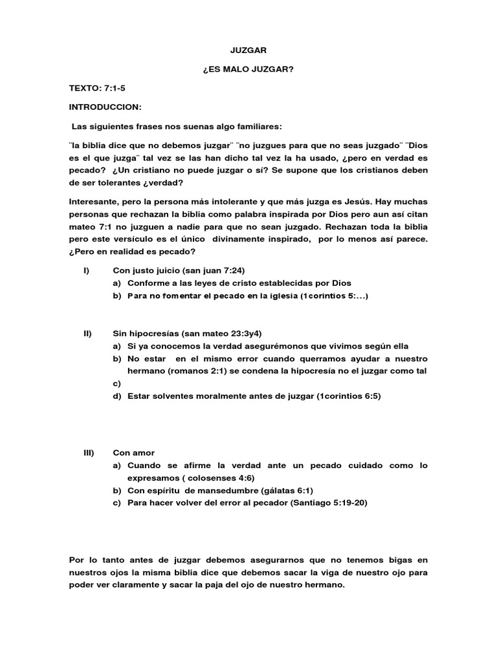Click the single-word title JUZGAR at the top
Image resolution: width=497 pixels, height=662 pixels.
(x=248, y=49)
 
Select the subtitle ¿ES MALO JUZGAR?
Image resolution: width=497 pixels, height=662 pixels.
(x=248, y=68)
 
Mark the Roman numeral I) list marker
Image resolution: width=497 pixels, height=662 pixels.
(x=86, y=270)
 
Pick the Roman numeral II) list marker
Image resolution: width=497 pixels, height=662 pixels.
(x=87, y=333)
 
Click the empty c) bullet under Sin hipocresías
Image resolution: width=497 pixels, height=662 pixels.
(x=116, y=383)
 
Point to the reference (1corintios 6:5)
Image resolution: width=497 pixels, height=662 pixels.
(x=348, y=396)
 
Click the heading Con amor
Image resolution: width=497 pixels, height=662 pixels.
(x=133, y=453)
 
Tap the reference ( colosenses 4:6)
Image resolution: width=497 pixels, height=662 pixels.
(x=220, y=478)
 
